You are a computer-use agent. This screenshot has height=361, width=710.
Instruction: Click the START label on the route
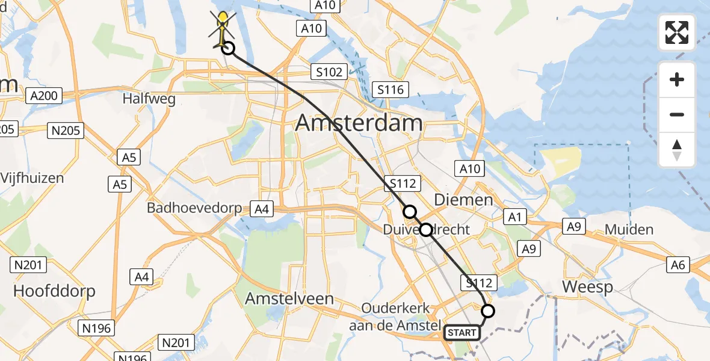pyautogui.click(x=462, y=332)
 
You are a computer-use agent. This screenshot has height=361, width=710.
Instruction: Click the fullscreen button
pyautogui.click(x=677, y=32)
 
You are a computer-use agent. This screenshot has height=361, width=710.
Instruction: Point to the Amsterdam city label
pyautogui.click(x=359, y=124)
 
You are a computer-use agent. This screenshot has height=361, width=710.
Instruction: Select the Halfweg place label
pyautogui.click(x=149, y=99)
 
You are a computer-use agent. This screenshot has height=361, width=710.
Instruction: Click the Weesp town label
pyautogui.click(x=587, y=287)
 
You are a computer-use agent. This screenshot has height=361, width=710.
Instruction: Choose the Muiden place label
pyautogui.click(x=629, y=229)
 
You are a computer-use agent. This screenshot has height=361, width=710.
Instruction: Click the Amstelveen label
pyautogui.click(x=289, y=298)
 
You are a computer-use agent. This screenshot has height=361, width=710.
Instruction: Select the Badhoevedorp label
pyautogui.click(x=194, y=209)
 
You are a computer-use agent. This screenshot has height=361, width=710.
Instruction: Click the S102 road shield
pyautogui.click(x=330, y=72)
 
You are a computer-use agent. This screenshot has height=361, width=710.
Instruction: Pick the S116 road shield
pyautogui.click(x=390, y=90)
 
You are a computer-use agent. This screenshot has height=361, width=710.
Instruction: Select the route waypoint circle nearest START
pyautogui.click(x=488, y=310)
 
